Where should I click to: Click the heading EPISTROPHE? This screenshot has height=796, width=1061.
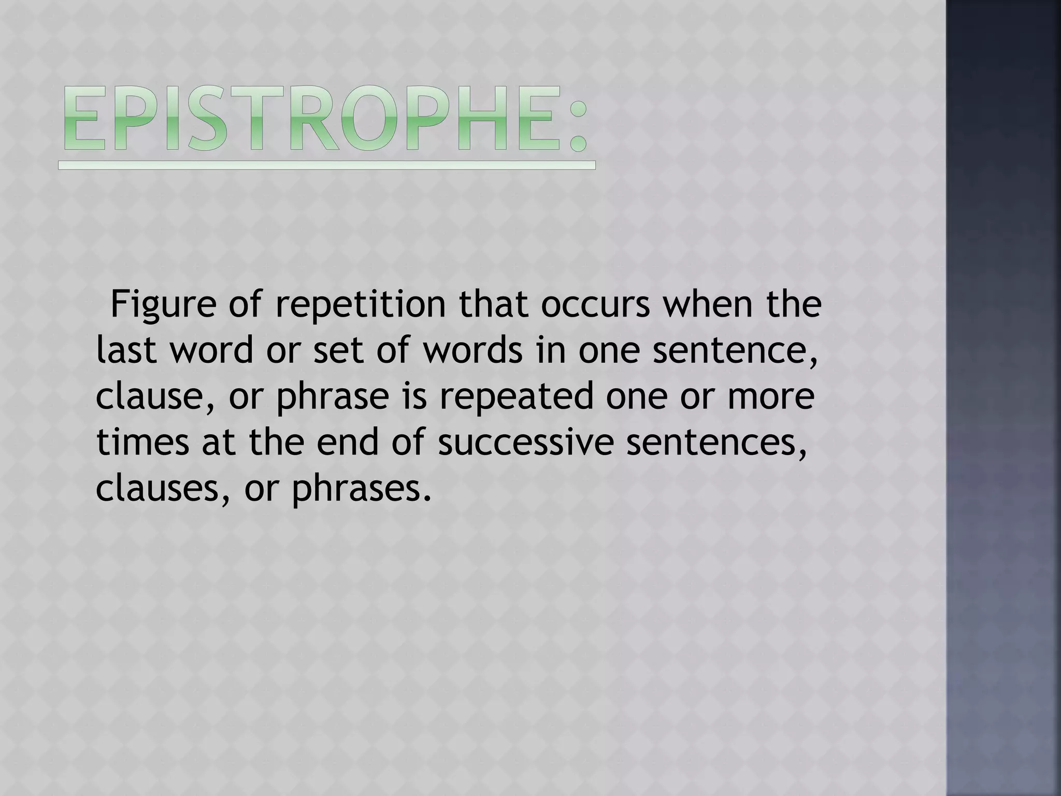coord(326,119)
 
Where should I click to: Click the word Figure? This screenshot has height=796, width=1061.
coord(163,306)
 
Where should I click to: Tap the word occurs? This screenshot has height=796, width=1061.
coord(595,306)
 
